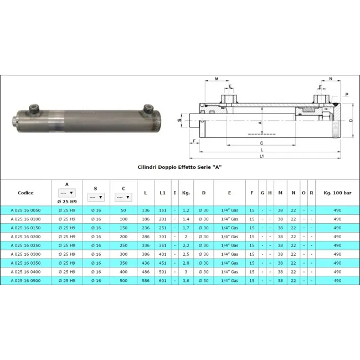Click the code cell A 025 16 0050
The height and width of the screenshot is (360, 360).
pos(25,210)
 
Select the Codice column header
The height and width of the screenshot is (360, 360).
pos(25,193)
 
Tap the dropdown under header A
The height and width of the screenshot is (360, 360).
pos(67,193)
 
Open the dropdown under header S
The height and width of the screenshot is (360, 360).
pos(96,197)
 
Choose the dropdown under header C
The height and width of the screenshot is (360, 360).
pos(124,197)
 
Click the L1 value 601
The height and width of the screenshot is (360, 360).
pos(162,281)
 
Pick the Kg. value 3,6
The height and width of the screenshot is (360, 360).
pos(186,281)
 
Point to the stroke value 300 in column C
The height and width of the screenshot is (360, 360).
pos(124,254)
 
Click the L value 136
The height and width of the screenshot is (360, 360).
pos(146,210)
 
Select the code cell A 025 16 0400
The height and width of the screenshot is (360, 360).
pos(25,272)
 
